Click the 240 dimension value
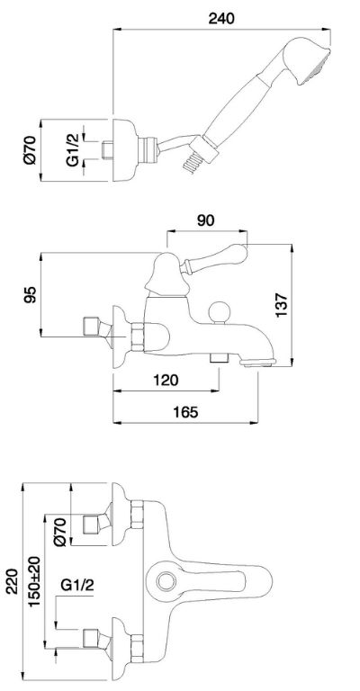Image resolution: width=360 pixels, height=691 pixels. (221, 18)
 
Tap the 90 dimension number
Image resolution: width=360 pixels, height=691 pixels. (206, 220)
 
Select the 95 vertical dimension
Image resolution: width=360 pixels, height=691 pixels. (30, 295)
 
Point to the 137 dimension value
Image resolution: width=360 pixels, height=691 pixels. (281, 304)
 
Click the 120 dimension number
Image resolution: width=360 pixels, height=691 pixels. (166, 379)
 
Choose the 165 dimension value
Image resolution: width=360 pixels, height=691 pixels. (185, 412)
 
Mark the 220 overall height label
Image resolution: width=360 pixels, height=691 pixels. (12, 581)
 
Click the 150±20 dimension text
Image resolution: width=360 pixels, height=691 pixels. (34, 581)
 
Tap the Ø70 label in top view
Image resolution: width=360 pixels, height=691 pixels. (30, 150)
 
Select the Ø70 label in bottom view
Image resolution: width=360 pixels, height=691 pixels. (60, 532)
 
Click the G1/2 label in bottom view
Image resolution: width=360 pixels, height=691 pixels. (77, 585)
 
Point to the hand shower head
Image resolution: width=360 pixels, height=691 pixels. (307, 59)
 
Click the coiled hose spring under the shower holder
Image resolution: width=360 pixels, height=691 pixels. (192, 164)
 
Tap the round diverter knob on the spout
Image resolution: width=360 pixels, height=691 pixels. (220, 312)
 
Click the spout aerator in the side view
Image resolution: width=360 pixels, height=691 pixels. (257, 363)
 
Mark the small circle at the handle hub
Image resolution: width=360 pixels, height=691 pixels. (166, 581)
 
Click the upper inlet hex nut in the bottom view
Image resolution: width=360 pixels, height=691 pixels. (137, 514)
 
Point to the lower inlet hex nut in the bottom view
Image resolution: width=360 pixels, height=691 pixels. (137, 649)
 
